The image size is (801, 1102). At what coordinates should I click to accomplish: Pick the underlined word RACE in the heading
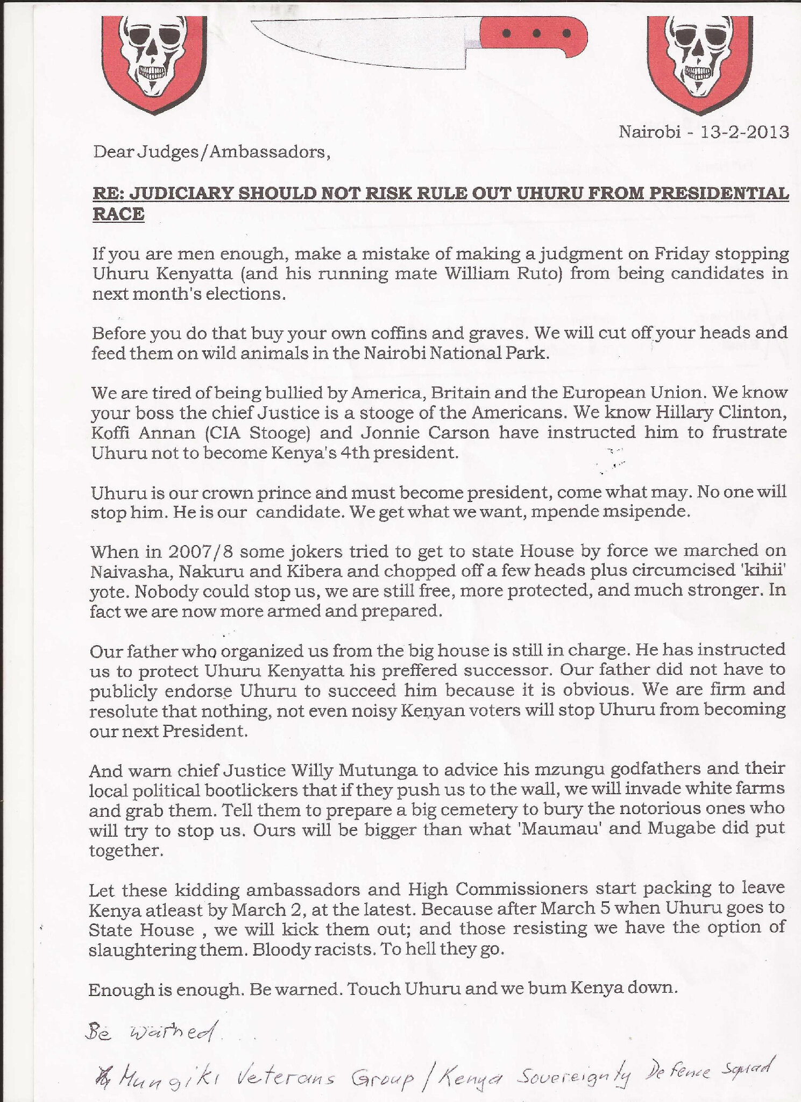click(118, 214)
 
